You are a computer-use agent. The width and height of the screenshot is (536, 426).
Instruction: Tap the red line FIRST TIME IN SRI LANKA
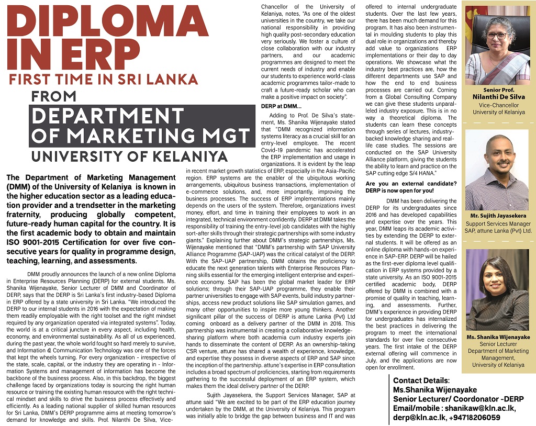click(x=104, y=80)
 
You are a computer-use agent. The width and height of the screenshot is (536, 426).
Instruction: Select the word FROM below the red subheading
click(x=53, y=97)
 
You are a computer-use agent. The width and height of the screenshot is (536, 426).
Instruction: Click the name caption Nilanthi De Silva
click(x=498, y=97)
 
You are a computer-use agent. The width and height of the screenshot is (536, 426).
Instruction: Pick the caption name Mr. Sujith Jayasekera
click(x=498, y=216)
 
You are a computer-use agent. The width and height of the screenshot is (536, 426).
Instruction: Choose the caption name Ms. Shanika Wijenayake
click(x=498, y=338)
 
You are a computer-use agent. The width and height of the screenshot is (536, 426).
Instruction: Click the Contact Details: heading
click(x=421, y=380)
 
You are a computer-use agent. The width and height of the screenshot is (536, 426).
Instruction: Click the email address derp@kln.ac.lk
click(x=419, y=418)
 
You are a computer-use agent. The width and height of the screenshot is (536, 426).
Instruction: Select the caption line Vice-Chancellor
click(x=498, y=105)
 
